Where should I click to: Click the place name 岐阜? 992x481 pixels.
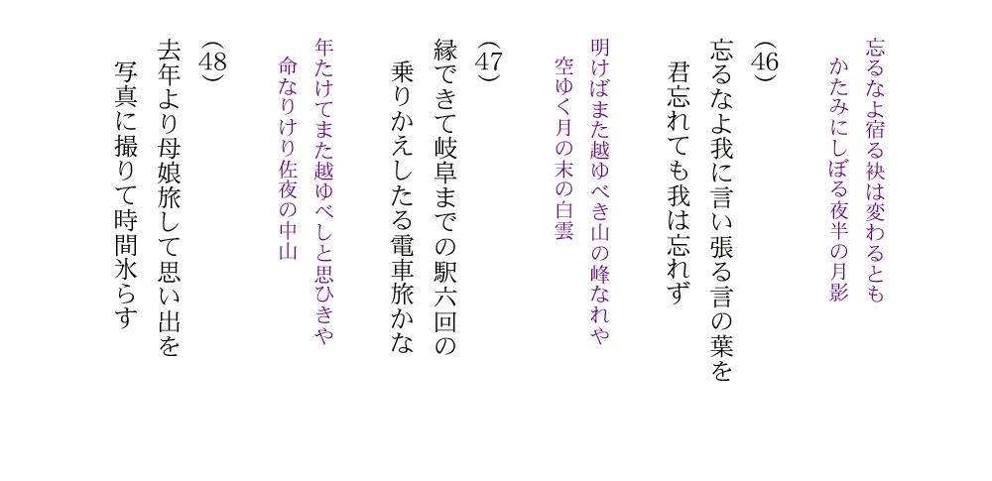tap(445, 159)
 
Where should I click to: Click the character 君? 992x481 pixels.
tap(679, 72)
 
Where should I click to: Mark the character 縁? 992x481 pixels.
tap(445, 50)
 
